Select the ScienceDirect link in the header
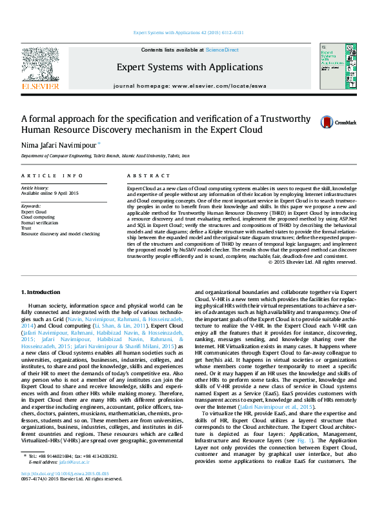click(x=222, y=50)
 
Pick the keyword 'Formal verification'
click(x=39, y=222)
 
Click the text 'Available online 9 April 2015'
click(x=50, y=193)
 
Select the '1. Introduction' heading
click(x=42, y=292)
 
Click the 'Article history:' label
click(x=34, y=188)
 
